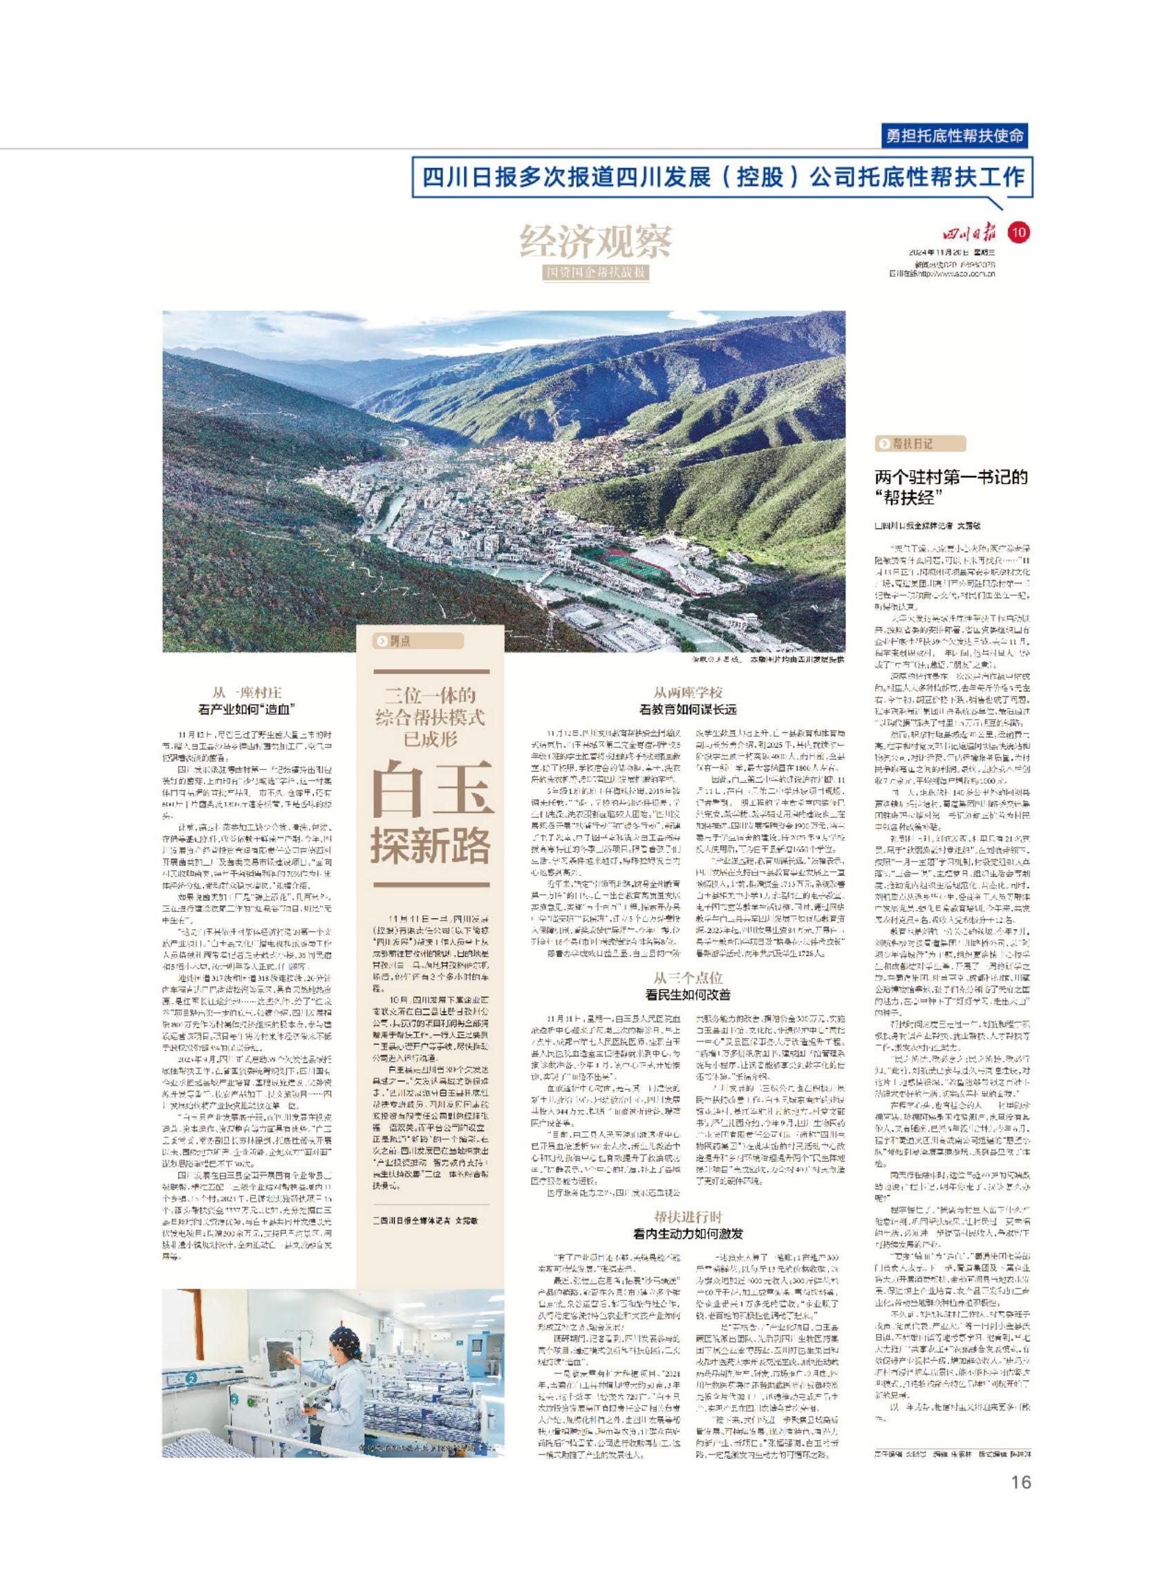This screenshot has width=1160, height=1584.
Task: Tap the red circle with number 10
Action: [1018, 232]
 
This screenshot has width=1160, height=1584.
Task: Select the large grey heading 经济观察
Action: [595, 242]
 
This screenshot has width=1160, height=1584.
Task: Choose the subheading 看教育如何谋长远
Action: [688, 710]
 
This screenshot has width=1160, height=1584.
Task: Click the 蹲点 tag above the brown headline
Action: [395, 640]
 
